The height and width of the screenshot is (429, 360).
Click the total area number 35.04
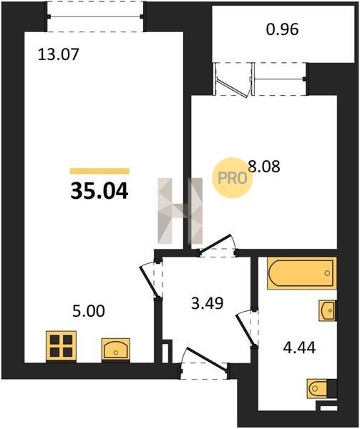[x=99, y=191]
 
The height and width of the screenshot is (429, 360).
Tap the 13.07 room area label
[x=58, y=54]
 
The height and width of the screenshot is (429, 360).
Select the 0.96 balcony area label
[x=282, y=29]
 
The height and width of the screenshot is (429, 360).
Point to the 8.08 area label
[x=264, y=166]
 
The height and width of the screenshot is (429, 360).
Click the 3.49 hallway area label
[x=208, y=303]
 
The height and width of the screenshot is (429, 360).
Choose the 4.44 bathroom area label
[x=299, y=347]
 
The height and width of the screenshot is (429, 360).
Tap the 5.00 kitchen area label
[x=89, y=311]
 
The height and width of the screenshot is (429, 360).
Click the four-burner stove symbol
[x=61, y=346]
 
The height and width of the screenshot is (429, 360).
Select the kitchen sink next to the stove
[x=116, y=349]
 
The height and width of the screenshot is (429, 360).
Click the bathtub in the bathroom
[x=302, y=273]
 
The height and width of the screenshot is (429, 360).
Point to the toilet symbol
[x=318, y=388]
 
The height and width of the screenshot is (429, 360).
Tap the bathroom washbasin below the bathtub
[x=327, y=310]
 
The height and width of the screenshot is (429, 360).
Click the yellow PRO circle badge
[x=233, y=178]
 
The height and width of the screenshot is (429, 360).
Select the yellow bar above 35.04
[x=99, y=172]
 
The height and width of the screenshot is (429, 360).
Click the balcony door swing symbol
[x=233, y=81]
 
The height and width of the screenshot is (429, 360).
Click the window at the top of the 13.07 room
[x=95, y=16]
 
